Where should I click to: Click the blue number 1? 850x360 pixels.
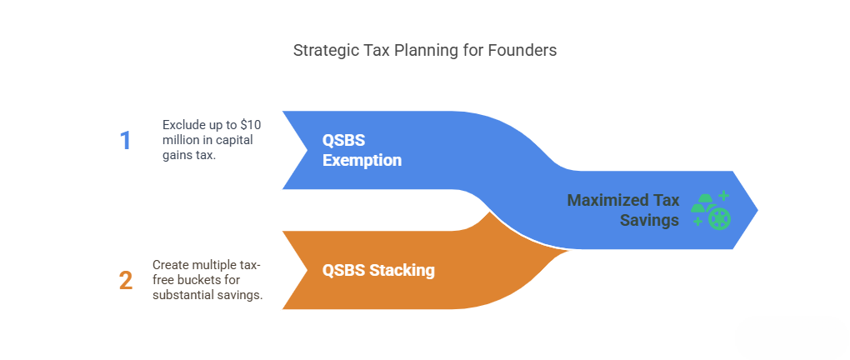coord(126,141)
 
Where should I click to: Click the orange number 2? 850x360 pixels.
coord(126,281)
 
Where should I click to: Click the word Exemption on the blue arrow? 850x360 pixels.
coord(362,160)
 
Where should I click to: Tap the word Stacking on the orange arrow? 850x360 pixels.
coord(402,270)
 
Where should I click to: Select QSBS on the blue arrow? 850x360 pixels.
coord(343,141)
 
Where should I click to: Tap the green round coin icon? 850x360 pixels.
coord(719,218)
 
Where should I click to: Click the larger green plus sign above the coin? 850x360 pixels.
coord(723,196)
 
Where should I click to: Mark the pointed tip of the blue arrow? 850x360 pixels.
coord(757,210)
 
